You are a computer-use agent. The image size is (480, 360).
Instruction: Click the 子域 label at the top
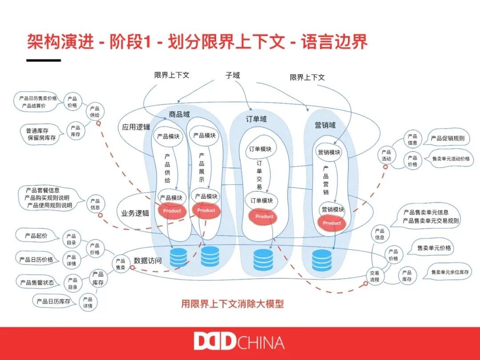pos(232,76)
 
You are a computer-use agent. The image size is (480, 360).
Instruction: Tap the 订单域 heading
pos(256,119)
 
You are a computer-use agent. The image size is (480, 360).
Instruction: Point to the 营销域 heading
pos(325,125)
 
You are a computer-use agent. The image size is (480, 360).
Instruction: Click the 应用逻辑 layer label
pos(136,127)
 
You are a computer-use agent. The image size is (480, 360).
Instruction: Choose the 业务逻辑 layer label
pos(135,213)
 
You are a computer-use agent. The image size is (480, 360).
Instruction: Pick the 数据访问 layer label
pos(148,261)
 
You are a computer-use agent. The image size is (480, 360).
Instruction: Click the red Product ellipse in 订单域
pos(264,216)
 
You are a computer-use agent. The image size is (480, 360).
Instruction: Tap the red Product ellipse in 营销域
pos(332,223)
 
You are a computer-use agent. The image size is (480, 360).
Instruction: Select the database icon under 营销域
pos(322,260)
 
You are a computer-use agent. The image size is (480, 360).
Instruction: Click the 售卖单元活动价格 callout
pos(451,159)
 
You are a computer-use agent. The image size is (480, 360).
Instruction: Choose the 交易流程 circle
pos(375,276)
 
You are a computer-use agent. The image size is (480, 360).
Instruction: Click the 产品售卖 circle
pos(120,264)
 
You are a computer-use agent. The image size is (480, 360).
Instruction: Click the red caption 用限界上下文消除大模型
pos(232,304)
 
